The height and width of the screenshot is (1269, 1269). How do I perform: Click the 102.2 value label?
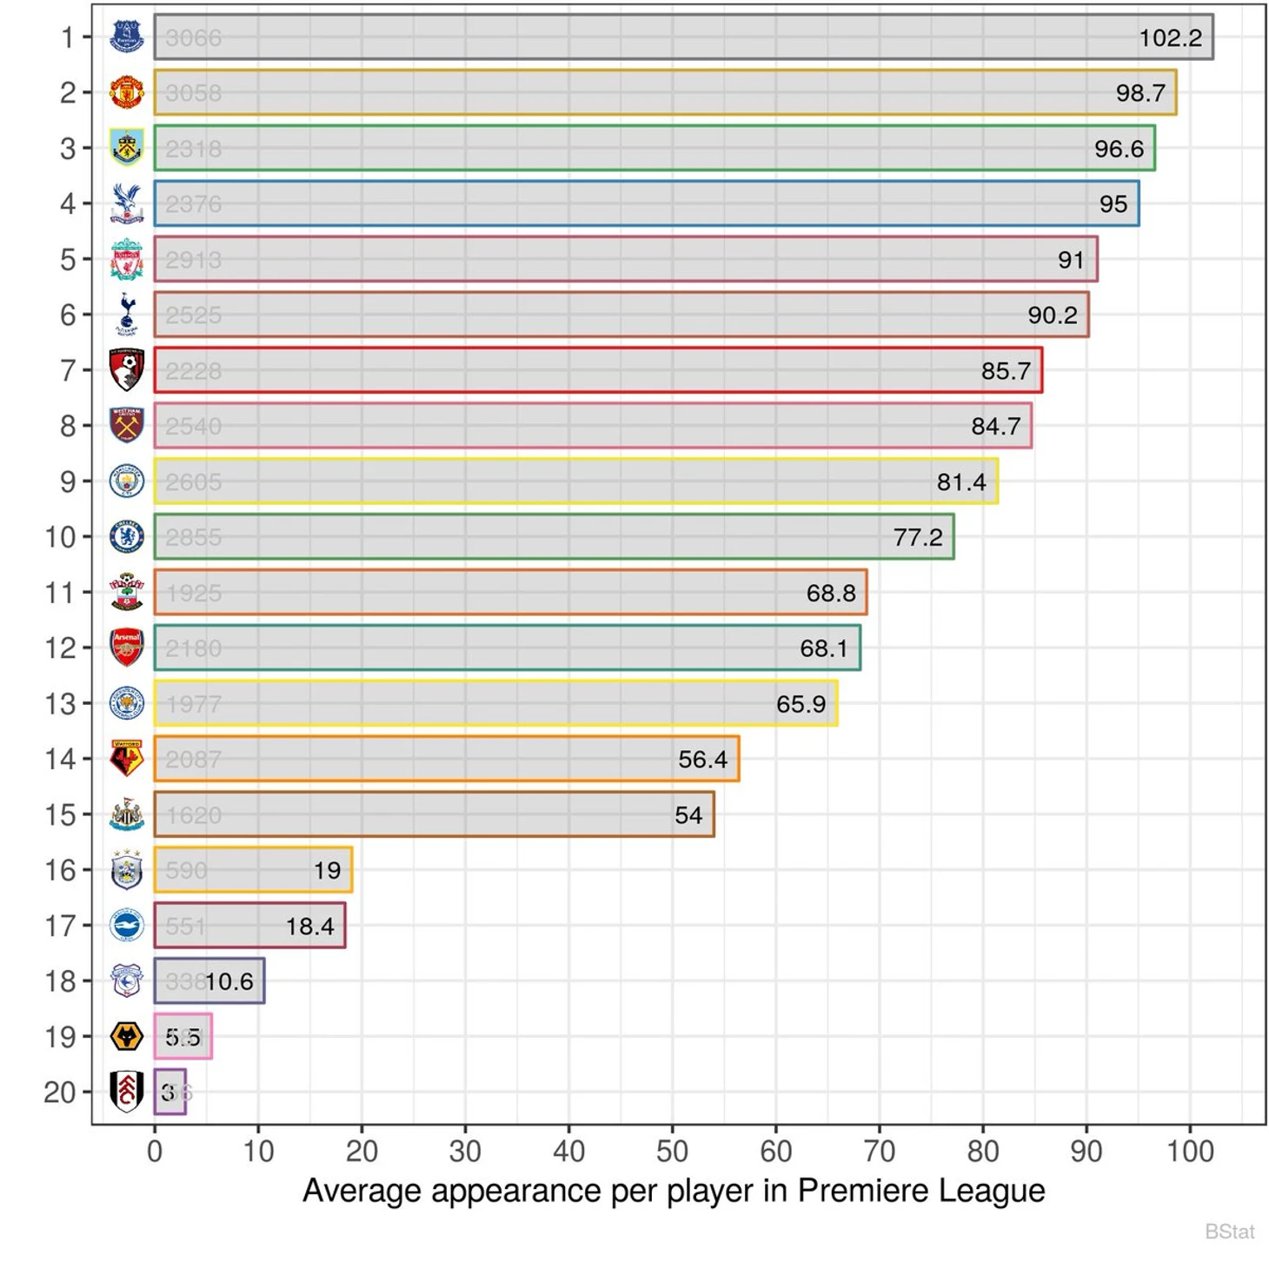(x=1170, y=38)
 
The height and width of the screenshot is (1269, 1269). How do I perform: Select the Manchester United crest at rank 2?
(x=127, y=92)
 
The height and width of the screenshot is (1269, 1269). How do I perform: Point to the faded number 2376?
(x=193, y=204)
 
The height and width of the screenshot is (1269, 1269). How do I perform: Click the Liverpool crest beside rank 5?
(x=127, y=260)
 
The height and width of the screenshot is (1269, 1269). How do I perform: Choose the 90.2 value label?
(x=1052, y=316)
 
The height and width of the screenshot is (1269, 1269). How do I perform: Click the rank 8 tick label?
(x=68, y=427)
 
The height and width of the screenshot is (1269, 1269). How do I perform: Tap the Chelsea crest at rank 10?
(x=127, y=536)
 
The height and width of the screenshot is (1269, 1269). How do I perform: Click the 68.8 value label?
(x=830, y=593)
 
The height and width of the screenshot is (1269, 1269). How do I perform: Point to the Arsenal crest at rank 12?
(x=127, y=648)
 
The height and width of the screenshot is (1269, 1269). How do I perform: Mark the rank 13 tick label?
(x=61, y=704)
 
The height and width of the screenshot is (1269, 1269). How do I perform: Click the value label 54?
(x=688, y=815)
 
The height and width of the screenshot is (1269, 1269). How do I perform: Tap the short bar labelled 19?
(x=253, y=870)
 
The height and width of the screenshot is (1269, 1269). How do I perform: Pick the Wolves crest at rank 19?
(x=127, y=1036)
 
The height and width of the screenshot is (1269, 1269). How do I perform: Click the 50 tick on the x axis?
(x=672, y=1152)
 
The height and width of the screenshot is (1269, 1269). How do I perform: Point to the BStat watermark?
(x=1229, y=1232)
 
